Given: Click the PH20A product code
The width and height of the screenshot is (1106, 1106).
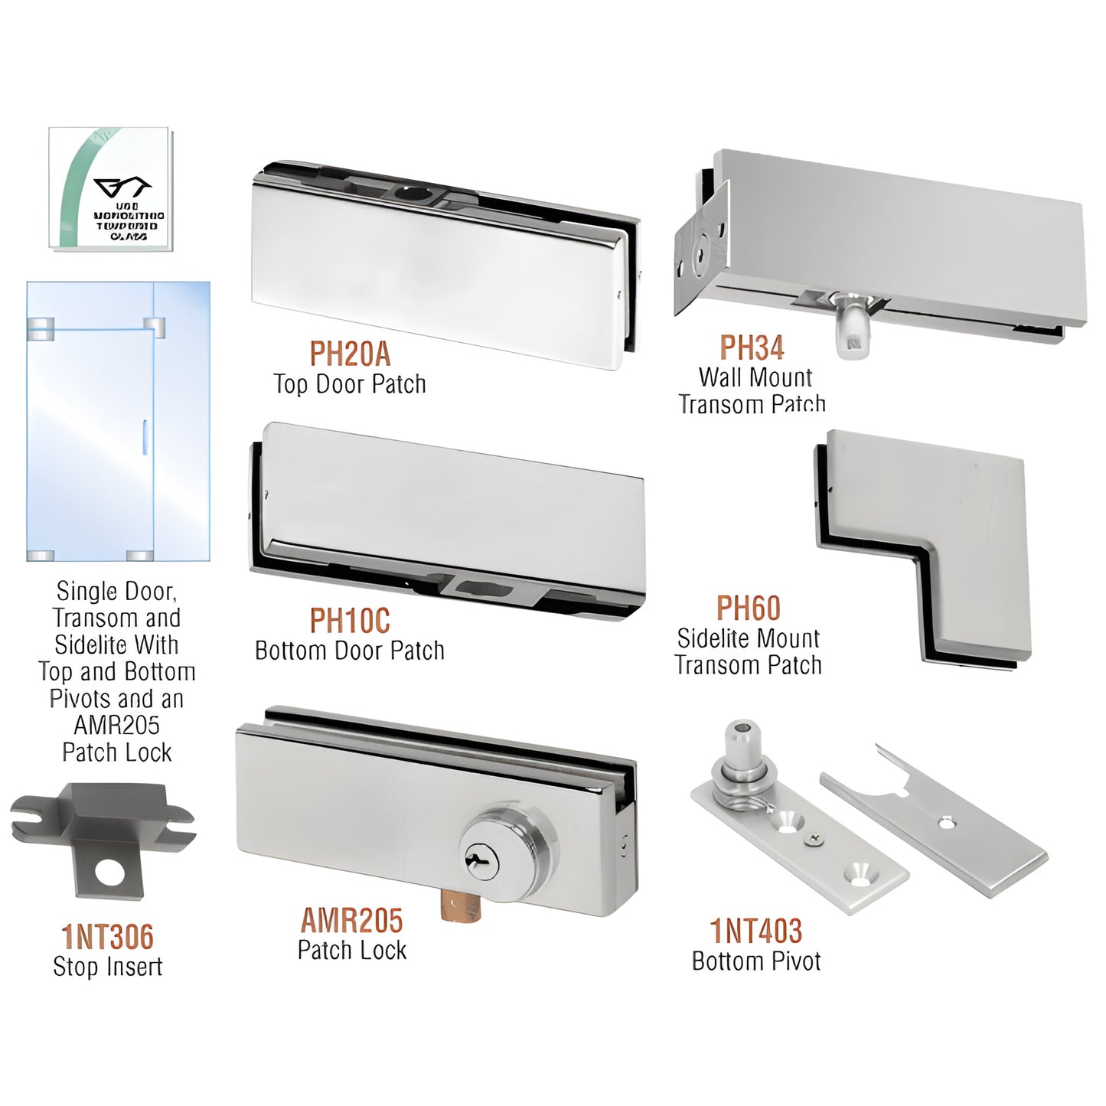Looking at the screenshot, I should [x=350, y=354].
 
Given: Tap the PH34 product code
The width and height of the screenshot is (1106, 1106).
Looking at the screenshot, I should [x=752, y=348].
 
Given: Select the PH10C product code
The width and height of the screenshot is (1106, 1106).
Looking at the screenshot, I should [x=350, y=621].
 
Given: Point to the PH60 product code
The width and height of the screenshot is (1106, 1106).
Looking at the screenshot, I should [x=748, y=608].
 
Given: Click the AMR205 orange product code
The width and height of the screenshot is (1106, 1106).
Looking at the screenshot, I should [x=351, y=921].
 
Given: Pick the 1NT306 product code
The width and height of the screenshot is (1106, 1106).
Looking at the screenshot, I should [x=108, y=937].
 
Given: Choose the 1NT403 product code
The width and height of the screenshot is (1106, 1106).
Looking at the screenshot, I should [x=756, y=931].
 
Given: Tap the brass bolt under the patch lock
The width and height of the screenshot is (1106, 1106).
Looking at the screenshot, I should [x=461, y=908].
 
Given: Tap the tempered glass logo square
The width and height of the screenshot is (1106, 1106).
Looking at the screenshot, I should [x=110, y=188].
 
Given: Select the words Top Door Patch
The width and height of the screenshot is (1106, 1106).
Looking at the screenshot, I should [x=350, y=384].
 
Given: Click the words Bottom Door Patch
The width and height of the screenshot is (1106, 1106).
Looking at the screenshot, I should [x=350, y=651].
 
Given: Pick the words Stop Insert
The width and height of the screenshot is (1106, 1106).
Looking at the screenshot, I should [x=108, y=967].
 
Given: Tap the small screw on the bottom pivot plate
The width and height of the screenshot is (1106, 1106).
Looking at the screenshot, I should [x=814, y=840].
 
